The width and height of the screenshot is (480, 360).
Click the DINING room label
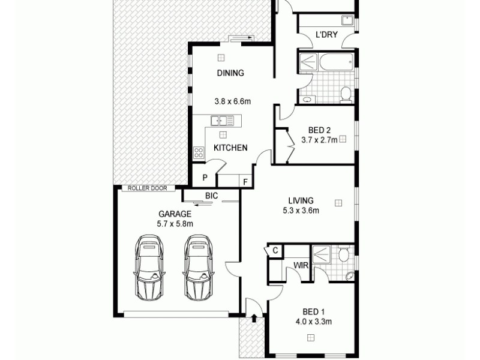point(230,73)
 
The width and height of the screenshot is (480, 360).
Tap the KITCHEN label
point(230,148)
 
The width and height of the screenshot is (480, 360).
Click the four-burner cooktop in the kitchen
point(198,152)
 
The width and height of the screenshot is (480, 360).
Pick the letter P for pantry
point(205,178)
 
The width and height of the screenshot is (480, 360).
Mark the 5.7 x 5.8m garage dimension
point(175,224)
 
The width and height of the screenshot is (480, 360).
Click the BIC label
point(211,196)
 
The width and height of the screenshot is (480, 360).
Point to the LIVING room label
point(301,200)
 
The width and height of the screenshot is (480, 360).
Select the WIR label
point(300,265)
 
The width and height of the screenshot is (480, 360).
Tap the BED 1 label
point(313,311)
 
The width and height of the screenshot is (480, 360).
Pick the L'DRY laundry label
point(326,35)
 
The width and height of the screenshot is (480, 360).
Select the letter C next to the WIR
point(275,251)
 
